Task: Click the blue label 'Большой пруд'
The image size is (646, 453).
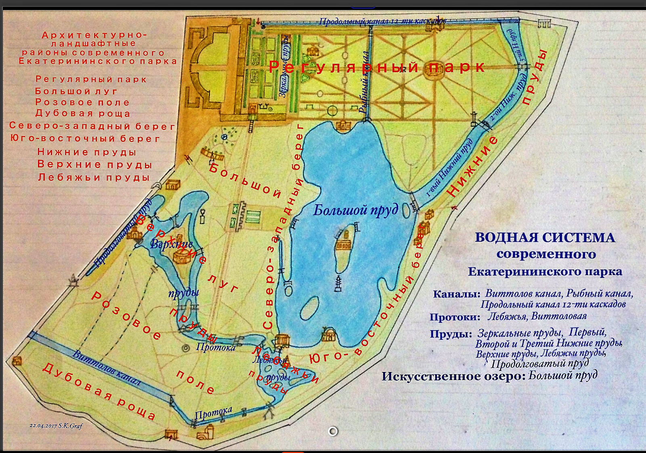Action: click(356, 210)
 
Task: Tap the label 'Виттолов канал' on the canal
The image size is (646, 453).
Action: click(107, 368)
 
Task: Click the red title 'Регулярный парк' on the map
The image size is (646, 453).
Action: click(377, 67)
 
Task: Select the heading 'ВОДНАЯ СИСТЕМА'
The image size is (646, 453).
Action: click(545, 237)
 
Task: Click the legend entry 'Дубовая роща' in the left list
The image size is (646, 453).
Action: click(83, 113)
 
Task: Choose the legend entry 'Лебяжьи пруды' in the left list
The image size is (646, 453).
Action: click(94, 177)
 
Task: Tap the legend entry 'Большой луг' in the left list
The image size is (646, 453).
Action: click(76, 91)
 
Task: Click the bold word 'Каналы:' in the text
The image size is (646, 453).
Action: click(457, 294)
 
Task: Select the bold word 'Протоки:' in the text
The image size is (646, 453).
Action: click(455, 317)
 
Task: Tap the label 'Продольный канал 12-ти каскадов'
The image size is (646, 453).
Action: click(382, 21)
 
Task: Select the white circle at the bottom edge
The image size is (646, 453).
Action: click(333, 432)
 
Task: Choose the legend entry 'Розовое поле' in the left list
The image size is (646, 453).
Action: click(82, 102)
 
